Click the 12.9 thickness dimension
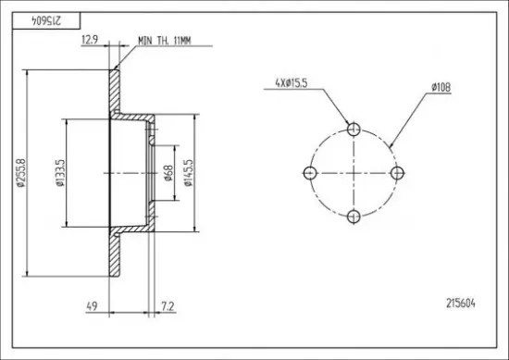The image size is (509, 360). click(x=89, y=40)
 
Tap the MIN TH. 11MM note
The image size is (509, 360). click(x=165, y=41)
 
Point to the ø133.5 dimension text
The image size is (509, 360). click(x=60, y=173)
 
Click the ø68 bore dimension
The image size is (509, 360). click(x=169, y=173)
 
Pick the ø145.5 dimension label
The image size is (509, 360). click(x=188, y=173)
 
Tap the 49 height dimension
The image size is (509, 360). click(x=92, y=306)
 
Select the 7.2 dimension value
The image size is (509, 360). click(x=168, y=306)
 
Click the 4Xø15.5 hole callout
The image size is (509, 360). click(x=292, y=83)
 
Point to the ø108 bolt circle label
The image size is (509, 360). click(x=441, y=87)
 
